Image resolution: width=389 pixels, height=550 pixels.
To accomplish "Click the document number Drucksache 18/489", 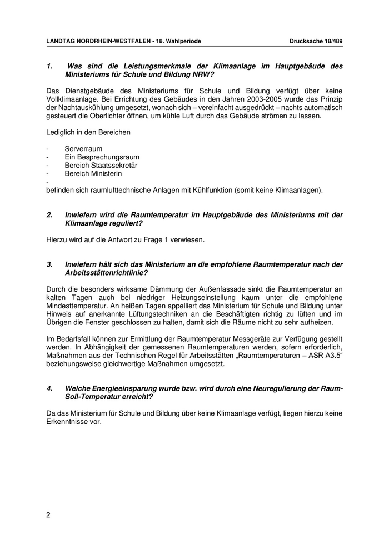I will [x=316, y=42].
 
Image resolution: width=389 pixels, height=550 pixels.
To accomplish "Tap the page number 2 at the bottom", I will [x=48, y=515].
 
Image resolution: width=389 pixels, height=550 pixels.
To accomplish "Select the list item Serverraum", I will [x=83, y=149].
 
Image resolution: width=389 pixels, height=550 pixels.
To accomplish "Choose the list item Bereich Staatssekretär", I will [x=101, y=166].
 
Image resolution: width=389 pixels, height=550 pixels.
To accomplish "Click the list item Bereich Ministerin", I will [x=93, y=173].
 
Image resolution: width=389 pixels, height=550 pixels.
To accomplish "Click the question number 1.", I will [x=49, y=66].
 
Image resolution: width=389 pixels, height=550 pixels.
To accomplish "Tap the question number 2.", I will [x=49, y=215].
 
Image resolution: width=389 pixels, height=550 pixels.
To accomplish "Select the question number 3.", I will [x=49, y=264].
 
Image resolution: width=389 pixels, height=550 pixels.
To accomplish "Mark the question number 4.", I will [x=49, y=389].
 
